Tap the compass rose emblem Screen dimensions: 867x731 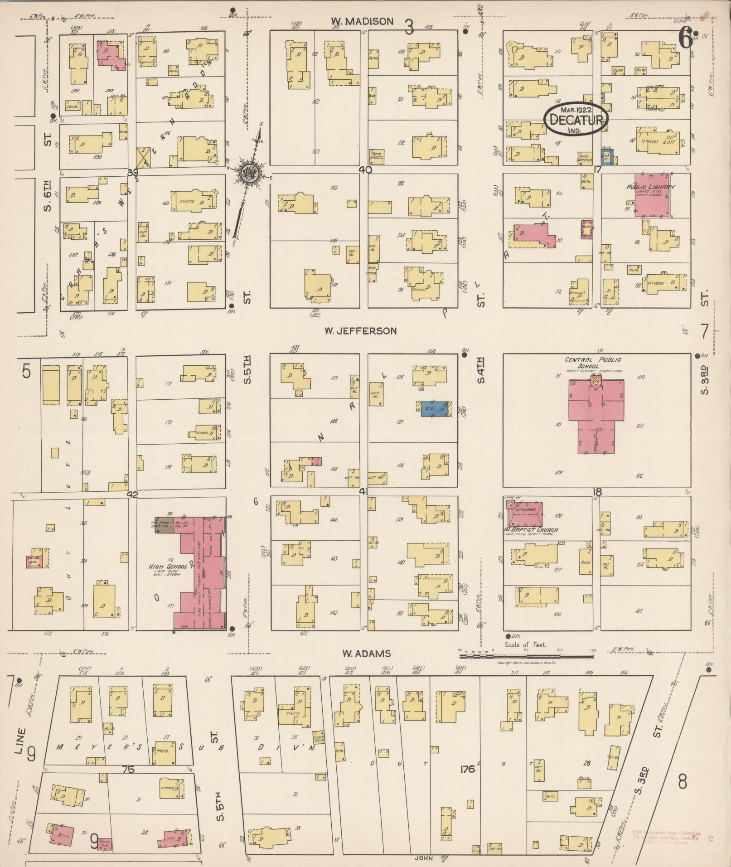pos(248,174)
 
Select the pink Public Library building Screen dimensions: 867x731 pos(652,195)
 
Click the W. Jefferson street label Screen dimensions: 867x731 pos(360,331)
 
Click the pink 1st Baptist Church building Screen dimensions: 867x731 pos(524,513)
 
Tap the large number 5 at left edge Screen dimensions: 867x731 pos(26,372)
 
